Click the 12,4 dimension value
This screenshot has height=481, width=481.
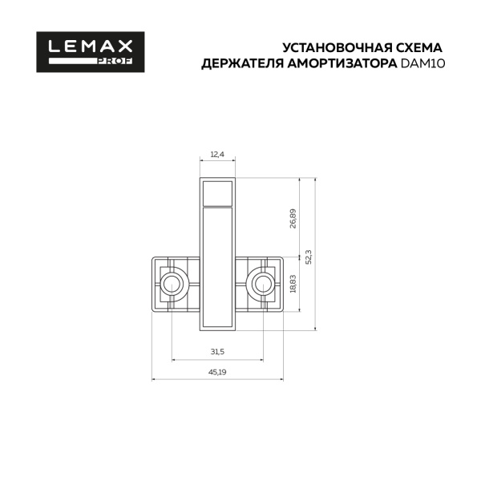tap(218, 153)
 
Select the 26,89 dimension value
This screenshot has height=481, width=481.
tap(293, 219)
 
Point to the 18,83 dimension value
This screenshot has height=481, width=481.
tap(293, 285)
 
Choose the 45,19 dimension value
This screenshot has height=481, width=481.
tap(218, 373)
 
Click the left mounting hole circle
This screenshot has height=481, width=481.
tap(172, 282)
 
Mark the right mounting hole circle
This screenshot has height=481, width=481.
tap(263, 282)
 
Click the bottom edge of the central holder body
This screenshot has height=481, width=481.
tap(218, 329)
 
